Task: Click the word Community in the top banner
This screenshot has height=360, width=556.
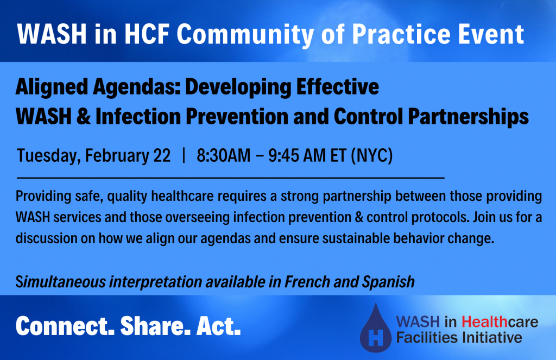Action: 245,35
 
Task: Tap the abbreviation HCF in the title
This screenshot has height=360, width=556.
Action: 147,34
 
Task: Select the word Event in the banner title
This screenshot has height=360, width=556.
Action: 491,34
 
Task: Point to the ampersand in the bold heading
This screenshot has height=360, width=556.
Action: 84,117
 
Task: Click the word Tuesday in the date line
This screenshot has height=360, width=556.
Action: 48,156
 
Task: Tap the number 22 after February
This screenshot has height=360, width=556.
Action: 162,156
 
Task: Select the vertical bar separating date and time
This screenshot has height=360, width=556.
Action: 184,156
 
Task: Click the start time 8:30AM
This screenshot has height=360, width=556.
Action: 223,156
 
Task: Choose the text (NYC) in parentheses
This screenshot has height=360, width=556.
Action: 372,156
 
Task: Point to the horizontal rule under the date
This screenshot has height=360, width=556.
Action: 230,177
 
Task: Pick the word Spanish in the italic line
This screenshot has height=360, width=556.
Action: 388,282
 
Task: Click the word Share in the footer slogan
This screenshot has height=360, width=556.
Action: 153,326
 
